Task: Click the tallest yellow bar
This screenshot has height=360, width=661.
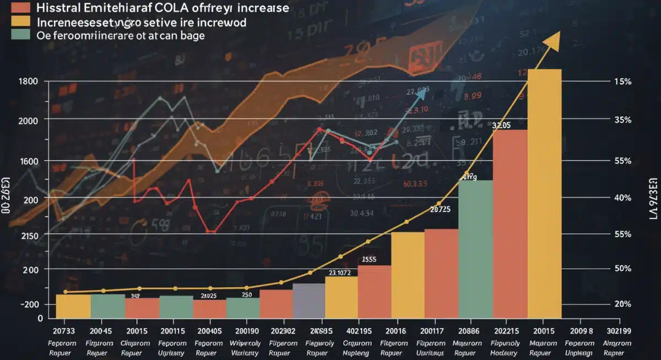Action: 544,193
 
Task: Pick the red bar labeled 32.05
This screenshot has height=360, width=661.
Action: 510,223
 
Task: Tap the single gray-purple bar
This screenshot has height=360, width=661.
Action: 308,301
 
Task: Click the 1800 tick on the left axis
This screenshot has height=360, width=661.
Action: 28,82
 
